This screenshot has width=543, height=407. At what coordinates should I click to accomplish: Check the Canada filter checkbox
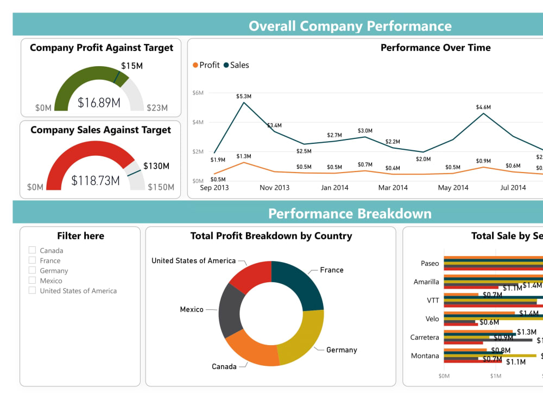click(x=32, y=250)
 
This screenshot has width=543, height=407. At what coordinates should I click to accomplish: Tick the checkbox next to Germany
click(x=32, y=270)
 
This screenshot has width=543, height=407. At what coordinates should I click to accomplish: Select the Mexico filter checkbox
click(x=32, y=281)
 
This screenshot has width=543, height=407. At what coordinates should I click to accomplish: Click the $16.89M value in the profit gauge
click(x=99, y=103)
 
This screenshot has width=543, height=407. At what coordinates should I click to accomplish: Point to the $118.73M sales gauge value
click(x=96, y=181)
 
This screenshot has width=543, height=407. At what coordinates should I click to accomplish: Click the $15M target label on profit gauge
click(x=132, y=66)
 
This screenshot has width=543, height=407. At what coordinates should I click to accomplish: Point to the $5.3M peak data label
click(x=244, y=96)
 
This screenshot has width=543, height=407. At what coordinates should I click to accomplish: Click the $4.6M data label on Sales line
click(x=483, y=107)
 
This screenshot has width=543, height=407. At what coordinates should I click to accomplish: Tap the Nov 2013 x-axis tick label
click(x=274, y=188)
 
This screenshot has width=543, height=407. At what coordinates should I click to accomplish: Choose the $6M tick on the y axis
click(x=198, y=93)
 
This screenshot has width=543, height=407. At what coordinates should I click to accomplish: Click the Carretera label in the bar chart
click(x=424, y=337)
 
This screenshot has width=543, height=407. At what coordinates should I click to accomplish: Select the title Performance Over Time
click(x=435, y=48)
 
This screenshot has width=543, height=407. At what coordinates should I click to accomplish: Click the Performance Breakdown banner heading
click(x=350, y=213)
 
